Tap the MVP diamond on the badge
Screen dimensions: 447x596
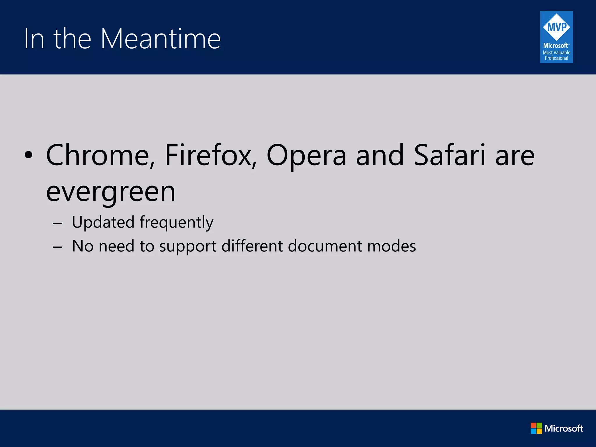556,27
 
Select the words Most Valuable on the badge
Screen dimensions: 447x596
556,53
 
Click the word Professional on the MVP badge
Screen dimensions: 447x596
556,58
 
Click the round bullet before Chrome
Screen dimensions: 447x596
29,155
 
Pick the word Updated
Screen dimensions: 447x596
103,223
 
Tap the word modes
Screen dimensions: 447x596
391,246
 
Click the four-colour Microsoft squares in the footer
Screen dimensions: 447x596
536,428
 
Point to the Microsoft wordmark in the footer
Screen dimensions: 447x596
564,428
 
